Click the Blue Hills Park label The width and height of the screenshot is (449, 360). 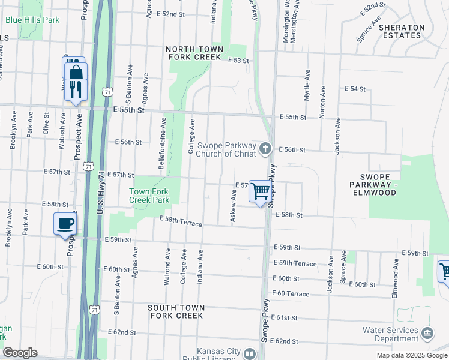32,20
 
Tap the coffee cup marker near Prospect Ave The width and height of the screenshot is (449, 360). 65,224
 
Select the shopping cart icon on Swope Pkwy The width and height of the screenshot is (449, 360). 260,191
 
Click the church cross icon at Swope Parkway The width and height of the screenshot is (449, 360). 266,148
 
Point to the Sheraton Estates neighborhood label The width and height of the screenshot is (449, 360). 400,31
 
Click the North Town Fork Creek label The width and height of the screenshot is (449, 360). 194,53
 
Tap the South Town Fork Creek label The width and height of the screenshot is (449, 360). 176,311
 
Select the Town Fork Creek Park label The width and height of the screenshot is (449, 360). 149,196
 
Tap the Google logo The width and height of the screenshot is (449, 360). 20,353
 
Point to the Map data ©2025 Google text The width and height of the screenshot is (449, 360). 411,355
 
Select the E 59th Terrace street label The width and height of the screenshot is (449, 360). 295,263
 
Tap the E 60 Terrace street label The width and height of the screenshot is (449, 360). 291,294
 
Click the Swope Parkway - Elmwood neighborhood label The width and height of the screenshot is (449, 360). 378,185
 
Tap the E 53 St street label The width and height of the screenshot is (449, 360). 238,61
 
